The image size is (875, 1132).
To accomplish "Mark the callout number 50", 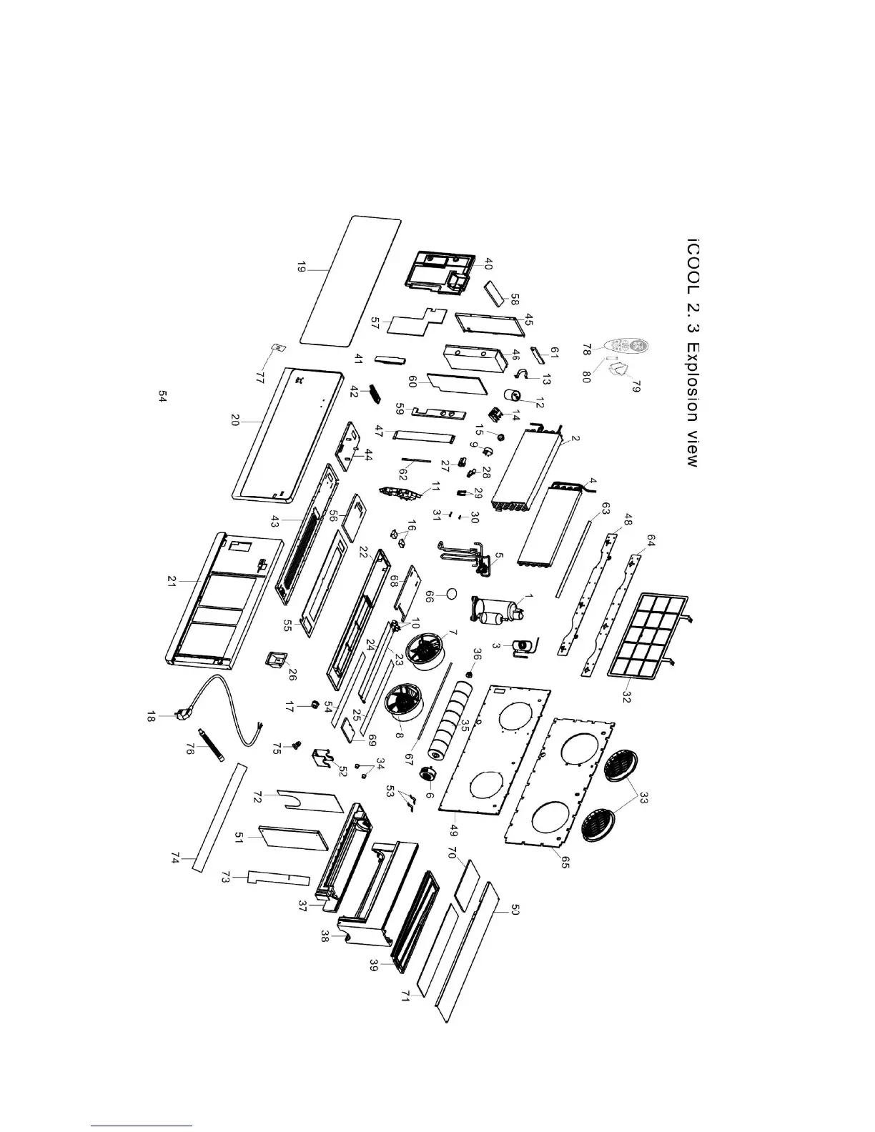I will pos(515,911).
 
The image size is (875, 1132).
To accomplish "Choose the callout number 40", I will pos(489,263).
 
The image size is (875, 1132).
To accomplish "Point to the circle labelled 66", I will pos(451,592).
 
